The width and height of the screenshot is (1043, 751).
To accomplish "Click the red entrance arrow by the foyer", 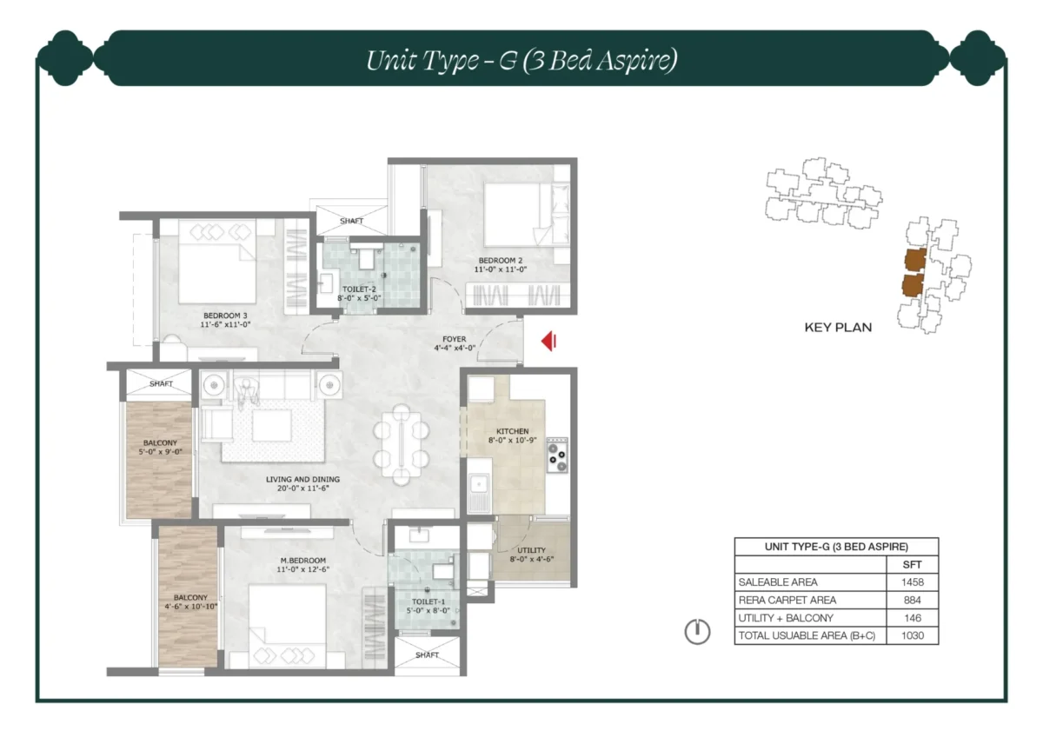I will [548, 342].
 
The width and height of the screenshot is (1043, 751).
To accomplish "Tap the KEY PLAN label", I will [837, 328].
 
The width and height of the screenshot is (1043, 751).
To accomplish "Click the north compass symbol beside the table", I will [697, 632].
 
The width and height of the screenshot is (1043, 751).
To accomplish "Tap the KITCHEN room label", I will [512, 431].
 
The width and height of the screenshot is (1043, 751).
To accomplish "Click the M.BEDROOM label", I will [303, 561].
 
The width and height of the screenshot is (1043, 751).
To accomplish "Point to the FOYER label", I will [454, 339].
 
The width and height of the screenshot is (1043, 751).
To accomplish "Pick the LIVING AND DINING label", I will [302, 479].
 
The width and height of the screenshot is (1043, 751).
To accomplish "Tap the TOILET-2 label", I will [358, 289].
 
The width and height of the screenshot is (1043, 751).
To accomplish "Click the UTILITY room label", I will [531, 550].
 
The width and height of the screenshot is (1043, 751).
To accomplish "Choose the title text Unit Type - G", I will [521, 60].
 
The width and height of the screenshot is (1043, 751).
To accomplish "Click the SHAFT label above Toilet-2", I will [351, 222].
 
